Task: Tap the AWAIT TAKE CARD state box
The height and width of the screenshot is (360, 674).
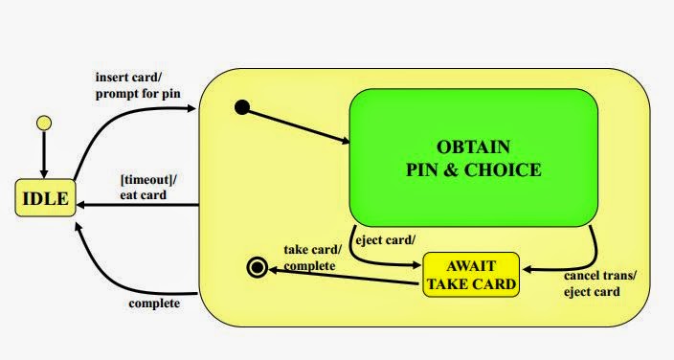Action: (470, 275)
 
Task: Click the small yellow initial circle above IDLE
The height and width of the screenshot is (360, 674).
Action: (42, 123)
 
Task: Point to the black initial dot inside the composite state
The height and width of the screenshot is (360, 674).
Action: (242, 108)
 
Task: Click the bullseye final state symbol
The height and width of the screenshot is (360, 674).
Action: (256, 267)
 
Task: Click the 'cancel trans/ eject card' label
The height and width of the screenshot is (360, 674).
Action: (600, 283)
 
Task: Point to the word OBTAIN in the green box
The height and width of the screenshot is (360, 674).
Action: (474, 147)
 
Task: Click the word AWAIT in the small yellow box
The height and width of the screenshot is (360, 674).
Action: (470, 265)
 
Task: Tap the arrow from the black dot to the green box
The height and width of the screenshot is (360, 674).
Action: (297, 126)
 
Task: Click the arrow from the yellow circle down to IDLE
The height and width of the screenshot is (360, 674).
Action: (42, 153)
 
